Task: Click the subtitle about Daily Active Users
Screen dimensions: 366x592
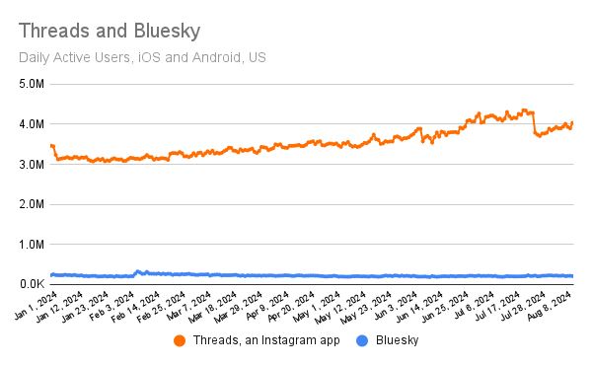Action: [142, 55]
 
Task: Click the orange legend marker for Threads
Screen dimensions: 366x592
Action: [180, 340]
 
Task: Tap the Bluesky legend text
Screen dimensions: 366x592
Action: [398, 340]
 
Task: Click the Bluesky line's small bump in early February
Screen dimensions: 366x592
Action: [138, 270]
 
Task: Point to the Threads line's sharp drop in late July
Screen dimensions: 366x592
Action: [533, 123]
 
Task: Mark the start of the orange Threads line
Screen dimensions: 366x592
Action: [51, 146]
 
